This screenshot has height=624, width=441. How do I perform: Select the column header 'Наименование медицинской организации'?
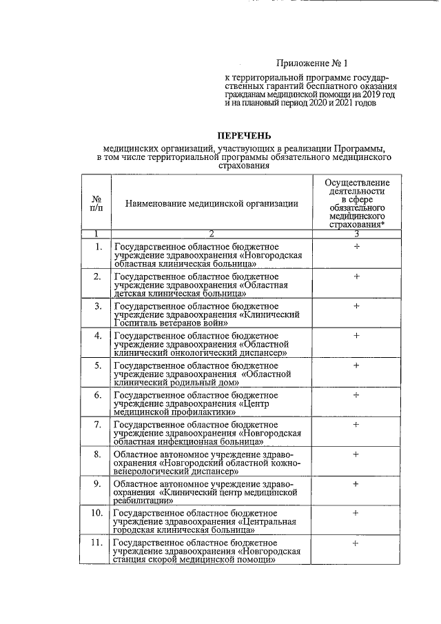click(x=212, y=203)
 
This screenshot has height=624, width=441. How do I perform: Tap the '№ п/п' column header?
click(x=96, y=203)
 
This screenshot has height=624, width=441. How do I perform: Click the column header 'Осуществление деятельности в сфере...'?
click(x=356, y=203)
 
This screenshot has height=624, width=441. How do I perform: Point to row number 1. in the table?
click(x=99, y=247)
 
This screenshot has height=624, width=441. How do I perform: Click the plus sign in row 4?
click(x=356, y=335)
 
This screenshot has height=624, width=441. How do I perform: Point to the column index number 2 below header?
click(x=212, y=234)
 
